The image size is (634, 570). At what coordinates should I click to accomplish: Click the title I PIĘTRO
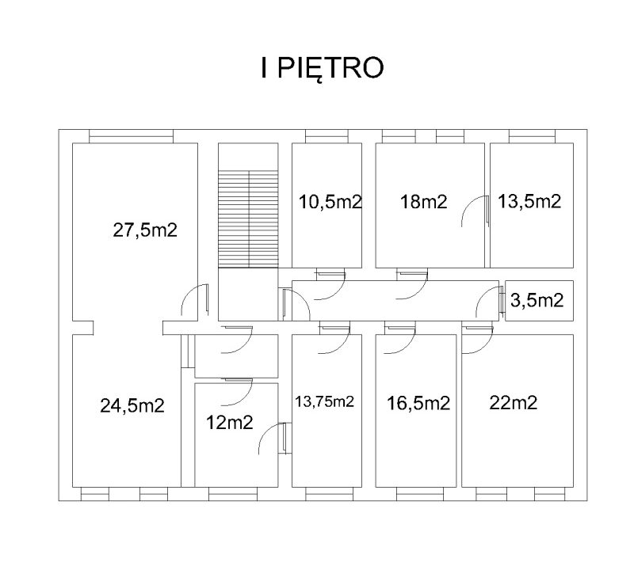point(322,68)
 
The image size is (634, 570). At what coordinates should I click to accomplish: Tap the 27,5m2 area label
point(145,230)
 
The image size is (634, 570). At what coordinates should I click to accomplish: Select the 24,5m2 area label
point(132,405)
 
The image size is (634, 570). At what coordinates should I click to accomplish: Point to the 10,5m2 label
point(330,202)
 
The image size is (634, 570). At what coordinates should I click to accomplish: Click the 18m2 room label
point(423,201)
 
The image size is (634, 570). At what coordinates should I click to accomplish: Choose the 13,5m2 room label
point(529,201)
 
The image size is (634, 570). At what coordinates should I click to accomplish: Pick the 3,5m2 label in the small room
point(537,300)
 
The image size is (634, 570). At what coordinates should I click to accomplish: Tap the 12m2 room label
point(229,423)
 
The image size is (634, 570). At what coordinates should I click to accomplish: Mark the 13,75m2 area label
point(324,401)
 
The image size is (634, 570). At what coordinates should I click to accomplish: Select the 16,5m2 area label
point(418,403)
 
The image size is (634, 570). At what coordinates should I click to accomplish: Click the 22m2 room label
point(513,402)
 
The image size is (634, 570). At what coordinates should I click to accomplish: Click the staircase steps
point(248,218)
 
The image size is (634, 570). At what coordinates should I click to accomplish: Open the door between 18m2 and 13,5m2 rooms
point(475,211)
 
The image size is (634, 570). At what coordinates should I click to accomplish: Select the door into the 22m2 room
point(478,340)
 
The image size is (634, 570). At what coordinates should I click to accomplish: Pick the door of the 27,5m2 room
point(195,299)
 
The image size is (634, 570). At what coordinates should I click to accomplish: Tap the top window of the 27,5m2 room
point(131,136)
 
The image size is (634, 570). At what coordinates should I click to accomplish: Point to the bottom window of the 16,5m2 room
point(420,494)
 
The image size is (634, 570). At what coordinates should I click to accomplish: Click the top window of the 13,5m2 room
point(532,136)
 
